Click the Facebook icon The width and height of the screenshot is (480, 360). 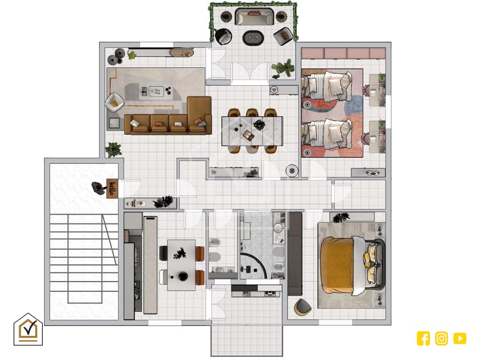[423, 338]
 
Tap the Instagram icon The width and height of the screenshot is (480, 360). [441, 338]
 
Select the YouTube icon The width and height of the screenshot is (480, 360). [460, 338]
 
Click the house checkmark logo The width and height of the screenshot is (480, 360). [28, 329]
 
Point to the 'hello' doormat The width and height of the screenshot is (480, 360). [112, 188]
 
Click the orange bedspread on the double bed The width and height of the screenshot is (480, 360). [337, 264]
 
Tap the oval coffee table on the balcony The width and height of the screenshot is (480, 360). [253, 38]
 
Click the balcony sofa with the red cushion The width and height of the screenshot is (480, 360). [254, 17]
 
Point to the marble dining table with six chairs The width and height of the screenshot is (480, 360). [252, 131]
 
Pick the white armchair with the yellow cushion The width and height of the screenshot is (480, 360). [114, 102]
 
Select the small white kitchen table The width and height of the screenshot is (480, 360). [181, 265]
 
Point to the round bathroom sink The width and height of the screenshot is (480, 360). [278, 227]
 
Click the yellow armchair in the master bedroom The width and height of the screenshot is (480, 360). [302, 307]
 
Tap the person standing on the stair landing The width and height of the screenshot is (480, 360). [99, 187]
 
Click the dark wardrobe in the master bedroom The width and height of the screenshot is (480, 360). [295, 254]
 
